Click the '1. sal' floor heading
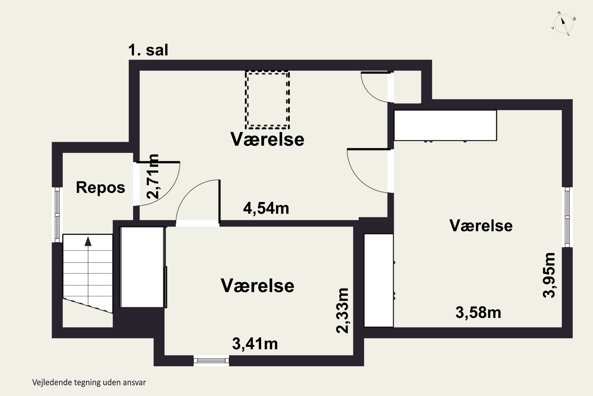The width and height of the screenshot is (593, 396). tap(148, 50)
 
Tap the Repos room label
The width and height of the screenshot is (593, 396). tap(100, 187)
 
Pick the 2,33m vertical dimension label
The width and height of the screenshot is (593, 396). tap(343, 310)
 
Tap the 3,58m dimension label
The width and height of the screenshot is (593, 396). tap(478, 312)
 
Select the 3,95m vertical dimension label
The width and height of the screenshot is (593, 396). tap(549, 275)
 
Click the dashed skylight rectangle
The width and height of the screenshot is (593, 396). tap(267, 100)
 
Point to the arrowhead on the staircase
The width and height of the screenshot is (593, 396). tap(88, 241)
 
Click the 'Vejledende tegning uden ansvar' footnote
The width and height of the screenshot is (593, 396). tap(89, 382)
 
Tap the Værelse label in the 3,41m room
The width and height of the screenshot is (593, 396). tap(257, 286)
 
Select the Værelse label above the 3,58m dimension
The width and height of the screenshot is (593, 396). tap(481, 226)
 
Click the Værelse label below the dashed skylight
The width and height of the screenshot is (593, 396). tap(267, 139)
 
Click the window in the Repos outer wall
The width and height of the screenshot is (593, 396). tap(57, 215)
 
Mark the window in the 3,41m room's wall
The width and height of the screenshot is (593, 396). tap(211, 361)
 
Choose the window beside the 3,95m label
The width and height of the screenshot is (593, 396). tap(567, 217)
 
